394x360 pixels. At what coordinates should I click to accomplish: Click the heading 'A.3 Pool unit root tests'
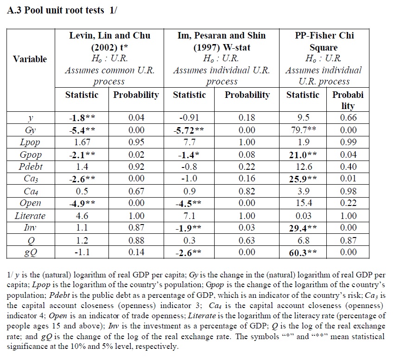pos(56,11)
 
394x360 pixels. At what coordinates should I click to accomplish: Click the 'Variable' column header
pos(30,59)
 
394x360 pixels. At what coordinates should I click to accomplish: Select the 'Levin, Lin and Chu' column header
pos(110,36)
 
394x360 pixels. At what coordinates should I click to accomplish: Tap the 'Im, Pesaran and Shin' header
pos(222,36)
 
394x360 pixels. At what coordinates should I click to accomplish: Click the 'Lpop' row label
pos(30,142)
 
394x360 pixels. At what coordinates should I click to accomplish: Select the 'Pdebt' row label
pos(30,167)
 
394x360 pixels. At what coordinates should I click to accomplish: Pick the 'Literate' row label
pos(30,216)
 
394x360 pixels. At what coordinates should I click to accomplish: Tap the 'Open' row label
pos(30,203)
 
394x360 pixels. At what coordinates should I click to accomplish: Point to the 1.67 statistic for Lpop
pos(82,142)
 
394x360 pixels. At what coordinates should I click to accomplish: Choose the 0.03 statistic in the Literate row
pos(303,216)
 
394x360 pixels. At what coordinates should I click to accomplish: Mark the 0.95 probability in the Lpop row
pos(136,142)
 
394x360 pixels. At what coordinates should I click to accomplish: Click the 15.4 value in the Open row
pos(303,203)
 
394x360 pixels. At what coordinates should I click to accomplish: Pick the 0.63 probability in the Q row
pos(247,240)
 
